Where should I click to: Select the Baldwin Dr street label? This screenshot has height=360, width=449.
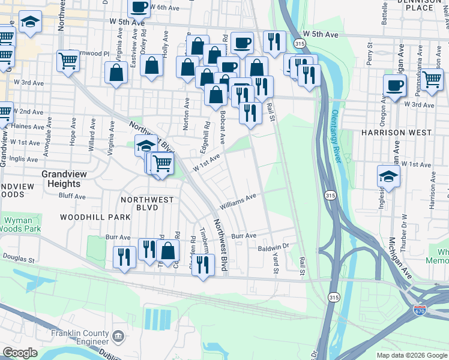[273, 247]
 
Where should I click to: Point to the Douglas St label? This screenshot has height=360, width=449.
[19, 256]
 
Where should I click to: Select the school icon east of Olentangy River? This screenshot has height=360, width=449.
[388, 176]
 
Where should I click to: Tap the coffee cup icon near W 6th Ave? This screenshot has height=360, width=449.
[139, 7]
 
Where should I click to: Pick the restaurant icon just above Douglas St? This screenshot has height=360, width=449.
[124, 256]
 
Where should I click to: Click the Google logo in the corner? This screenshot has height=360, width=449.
[19, 353]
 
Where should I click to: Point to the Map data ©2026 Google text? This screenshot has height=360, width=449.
[411, 355]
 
